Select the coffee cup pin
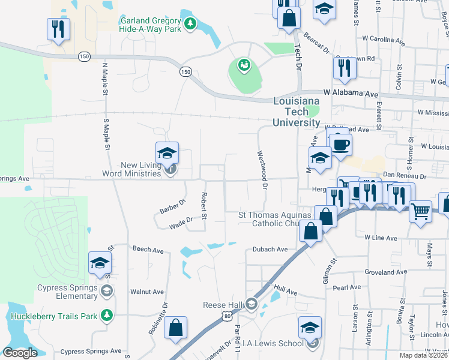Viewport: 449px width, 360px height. pyautogui.click(x=341, y=146)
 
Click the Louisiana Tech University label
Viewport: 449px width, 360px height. pyautogui.click(x=297, y=112)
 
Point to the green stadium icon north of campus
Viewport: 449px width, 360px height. pyautogui.click(x=244, y=64)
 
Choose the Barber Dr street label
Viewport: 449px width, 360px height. pyautogui.click(x=173, y=205)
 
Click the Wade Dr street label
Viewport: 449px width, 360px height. pyautogui.click(x=180, y=223)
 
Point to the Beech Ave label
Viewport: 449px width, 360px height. pyautogui.click(x=148, y=249)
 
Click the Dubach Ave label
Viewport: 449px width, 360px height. pyautogui.click(x=270, y=249)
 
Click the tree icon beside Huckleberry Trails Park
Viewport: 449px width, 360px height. pyautogui.click(x=106, y=314)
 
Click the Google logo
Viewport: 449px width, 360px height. pyautogui.click(x=20, y=352)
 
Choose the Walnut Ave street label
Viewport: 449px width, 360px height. pyautogui.click(x=146, y=292)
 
